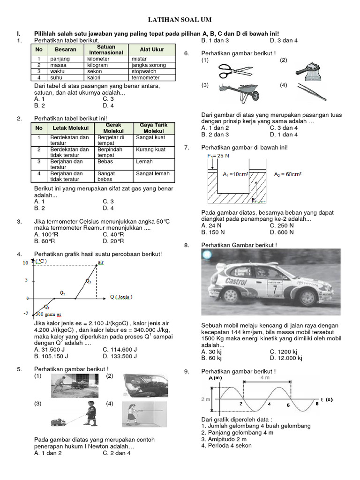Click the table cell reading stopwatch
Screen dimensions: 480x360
[144, 71]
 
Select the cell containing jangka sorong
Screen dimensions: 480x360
[149, 65]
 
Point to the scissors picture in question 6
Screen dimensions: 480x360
[235, 70]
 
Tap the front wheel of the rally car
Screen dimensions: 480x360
[231, 296]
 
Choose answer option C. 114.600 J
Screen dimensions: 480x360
[120, 349]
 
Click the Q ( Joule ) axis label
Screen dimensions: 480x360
[121, 297]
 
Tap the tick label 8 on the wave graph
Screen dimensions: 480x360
[317, 403]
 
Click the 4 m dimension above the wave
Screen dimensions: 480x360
[265, 377]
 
